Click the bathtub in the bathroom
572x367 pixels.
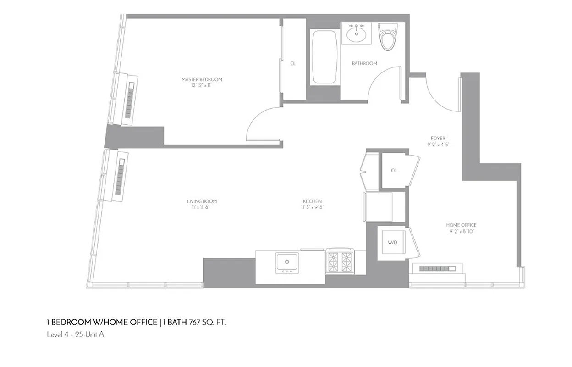(x=325, y=57)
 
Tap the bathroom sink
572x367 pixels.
(x=356, y=33)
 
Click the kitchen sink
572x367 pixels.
(x=287, y=263)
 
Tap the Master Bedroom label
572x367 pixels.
(x=202, y=83)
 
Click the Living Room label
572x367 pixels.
(x=202, y=204)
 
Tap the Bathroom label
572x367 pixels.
(x=364, y=63)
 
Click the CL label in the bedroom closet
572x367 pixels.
(x=293, y=63)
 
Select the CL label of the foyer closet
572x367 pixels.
(x=394, y=171)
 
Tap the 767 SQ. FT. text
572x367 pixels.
(x=207, y=323)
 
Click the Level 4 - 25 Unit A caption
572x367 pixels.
(x=76, y=334)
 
